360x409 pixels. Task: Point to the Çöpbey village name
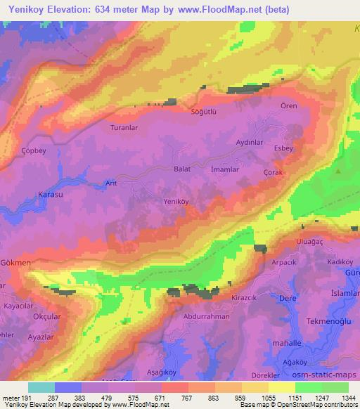[x=34, y=151]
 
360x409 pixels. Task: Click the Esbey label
[x=282, y=148]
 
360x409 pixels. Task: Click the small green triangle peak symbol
[x=339, y=171]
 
